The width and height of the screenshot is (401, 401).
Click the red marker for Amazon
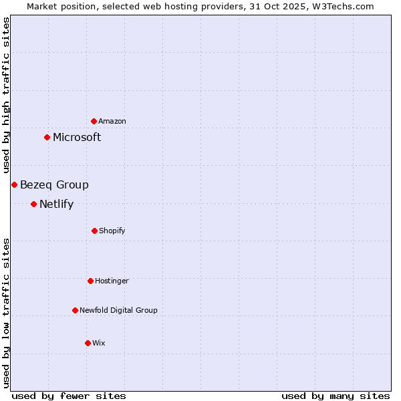(x=94, y=121)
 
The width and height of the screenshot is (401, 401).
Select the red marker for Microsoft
(x=47, y=137)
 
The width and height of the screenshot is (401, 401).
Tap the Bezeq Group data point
(x=14, y=184)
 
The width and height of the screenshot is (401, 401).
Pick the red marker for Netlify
(x=33, y=204)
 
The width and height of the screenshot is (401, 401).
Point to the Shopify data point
(x=94, y=231)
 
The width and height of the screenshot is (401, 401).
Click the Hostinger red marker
(x=90, y=281)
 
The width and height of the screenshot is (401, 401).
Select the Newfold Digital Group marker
(x=75, y=310)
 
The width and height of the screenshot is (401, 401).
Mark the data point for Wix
(x=88, y=343)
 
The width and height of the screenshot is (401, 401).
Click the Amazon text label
(x=112, y=121)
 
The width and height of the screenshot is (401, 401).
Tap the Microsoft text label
(x=77, y=137)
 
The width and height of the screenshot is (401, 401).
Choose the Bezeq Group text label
(x=54, y=184)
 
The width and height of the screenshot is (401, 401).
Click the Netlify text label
(x=56, y=204)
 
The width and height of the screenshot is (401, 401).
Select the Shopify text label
(x=112, y=231)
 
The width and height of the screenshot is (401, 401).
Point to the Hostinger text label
(x=112, y=281)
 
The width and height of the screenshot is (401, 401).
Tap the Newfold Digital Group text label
(x=118, y=310)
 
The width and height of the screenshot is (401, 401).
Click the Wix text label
(x=99, y=343)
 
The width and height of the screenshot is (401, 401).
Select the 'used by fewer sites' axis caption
(x=69, y=396)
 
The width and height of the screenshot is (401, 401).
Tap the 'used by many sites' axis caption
(x=336, y=396)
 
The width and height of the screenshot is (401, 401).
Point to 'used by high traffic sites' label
(x=6, y=96)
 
